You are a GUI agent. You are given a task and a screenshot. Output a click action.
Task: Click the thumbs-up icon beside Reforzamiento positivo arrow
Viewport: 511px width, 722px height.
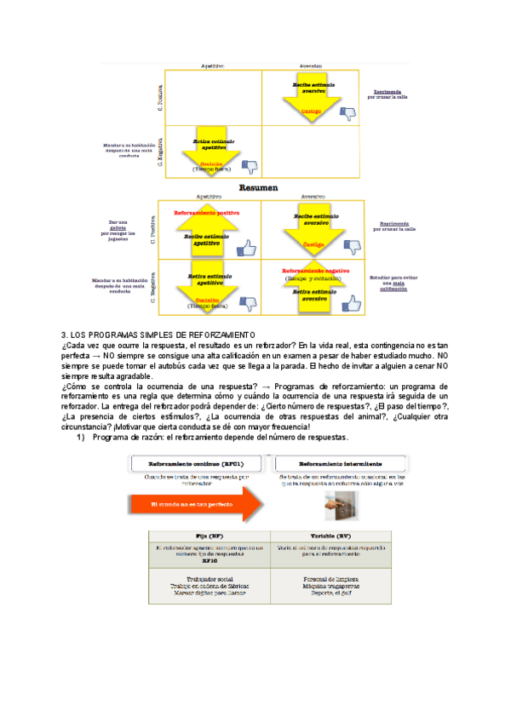click(246, 248)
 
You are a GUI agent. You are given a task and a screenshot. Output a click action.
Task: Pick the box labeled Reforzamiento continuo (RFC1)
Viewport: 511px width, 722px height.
click(197, 463)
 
